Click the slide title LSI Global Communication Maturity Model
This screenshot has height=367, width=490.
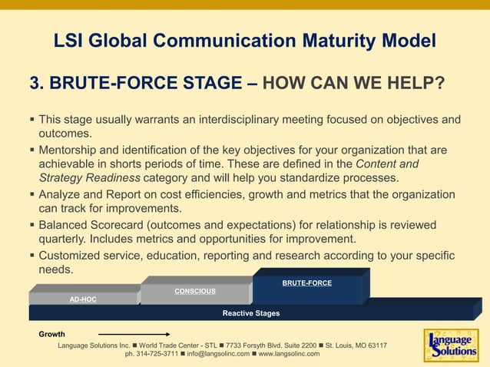point(245,41)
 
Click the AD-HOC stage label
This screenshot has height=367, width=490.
point(83,299)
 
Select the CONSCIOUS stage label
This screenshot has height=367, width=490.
point(195,291)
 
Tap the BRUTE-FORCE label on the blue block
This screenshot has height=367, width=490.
point(306,283)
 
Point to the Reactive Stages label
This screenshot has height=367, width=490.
point(251,313)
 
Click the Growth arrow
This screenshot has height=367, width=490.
point(134,335)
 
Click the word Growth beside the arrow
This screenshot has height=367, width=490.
point(52,335)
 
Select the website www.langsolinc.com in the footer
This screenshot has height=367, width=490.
point(289,354)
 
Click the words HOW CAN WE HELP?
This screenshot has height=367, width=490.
point(353,82)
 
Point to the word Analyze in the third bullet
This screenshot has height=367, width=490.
point(61,194)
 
